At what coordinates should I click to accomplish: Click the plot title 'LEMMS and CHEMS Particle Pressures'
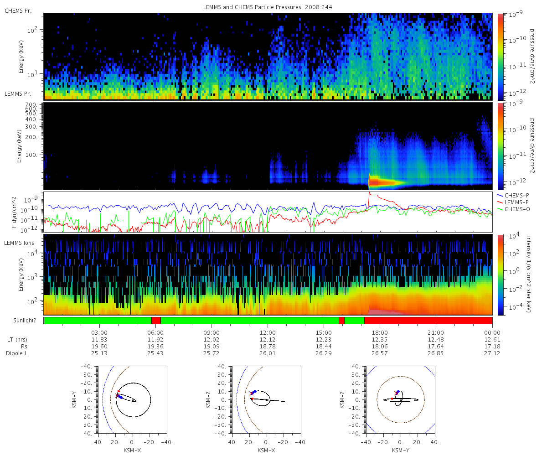point(252,7)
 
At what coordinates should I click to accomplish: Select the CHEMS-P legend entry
point(513,196)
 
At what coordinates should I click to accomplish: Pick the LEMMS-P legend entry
point(513,202)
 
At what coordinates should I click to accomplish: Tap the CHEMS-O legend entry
point(513,209)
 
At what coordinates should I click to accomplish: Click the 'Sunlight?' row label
point(25,321)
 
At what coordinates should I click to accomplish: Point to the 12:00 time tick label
point(268,332)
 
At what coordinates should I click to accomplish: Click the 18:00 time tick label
point(380,332)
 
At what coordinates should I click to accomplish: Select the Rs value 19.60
point(99,346)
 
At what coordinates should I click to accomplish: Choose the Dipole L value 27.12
point(492,353)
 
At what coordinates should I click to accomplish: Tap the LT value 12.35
point(380,339)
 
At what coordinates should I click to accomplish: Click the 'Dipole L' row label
point(16,353)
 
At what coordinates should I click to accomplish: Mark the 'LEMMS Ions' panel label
point(19,243)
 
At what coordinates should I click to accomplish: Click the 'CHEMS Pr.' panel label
point(18,11)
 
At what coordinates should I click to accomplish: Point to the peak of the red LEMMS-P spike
point(369,192)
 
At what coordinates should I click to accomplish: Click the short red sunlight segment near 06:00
point(156,321)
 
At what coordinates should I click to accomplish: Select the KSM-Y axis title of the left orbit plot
point(74,399)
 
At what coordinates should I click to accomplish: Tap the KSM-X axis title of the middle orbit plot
point(266,450)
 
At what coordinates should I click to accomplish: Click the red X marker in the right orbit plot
point(397,393)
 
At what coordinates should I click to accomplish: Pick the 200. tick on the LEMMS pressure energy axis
point(31,137)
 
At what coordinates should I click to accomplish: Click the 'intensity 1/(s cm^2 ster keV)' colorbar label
point(529,275)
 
